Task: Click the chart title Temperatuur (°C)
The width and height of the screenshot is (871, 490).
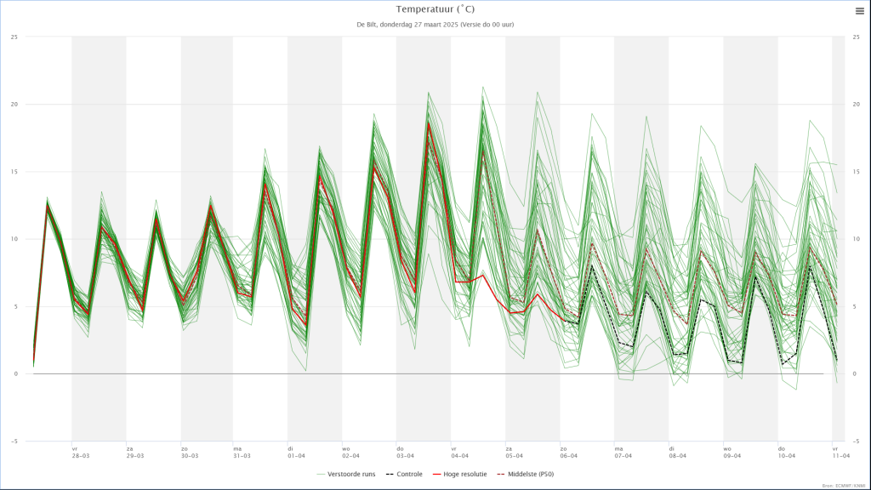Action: pos(435,9)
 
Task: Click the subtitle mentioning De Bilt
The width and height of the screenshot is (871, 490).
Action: pos(435,24)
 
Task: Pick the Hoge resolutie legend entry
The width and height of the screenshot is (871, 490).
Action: pos(460,474)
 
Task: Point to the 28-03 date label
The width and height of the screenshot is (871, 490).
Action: pos(81,456)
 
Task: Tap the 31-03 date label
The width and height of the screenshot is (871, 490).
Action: pos(242,456)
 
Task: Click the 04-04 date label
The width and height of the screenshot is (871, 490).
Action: pos(459,456)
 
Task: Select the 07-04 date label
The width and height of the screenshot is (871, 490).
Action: pos(623,456)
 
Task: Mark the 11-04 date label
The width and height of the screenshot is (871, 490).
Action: pos(841,456)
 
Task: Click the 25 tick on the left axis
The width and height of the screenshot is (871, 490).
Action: pos(14,37)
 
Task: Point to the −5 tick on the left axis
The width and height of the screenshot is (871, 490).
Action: pos(14,442)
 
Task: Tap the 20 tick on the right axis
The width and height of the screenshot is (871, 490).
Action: pos(857,105)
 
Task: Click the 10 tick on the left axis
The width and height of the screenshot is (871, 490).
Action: pos(14,239)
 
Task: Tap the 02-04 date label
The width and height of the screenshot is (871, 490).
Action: pos(351,456)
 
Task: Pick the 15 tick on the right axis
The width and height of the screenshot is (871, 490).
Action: pos(857,172)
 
